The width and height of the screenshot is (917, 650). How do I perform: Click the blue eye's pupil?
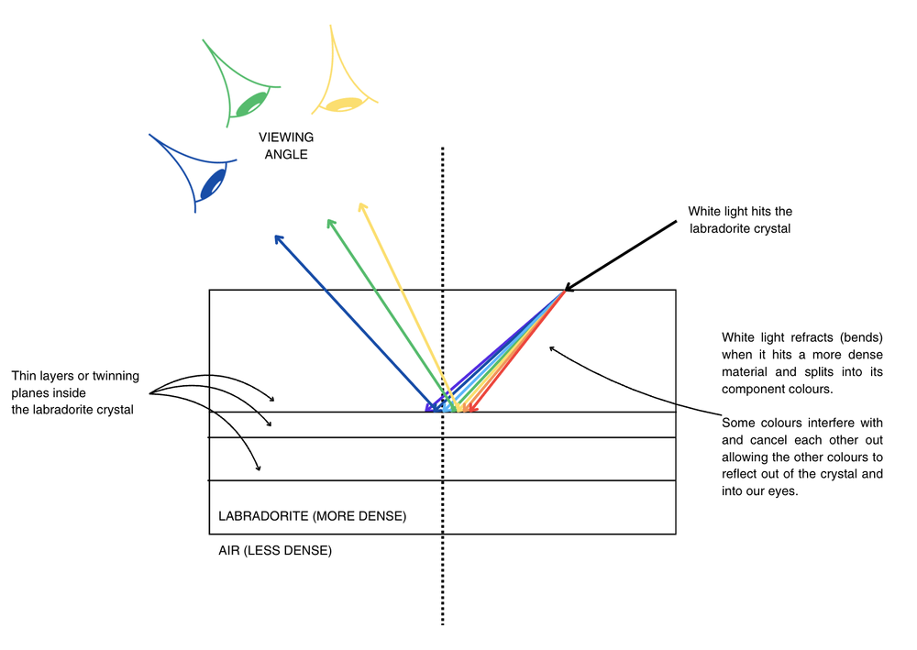click(213, 182)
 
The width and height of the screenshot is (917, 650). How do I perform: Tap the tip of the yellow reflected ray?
click(363, 205)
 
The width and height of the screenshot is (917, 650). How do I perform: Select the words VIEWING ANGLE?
click(286, 146)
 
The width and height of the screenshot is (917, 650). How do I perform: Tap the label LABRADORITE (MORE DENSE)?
click(312, 516)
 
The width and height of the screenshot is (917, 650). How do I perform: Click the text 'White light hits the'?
click(740, 212)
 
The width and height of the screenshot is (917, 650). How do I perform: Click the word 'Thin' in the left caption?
click(25, 376)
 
